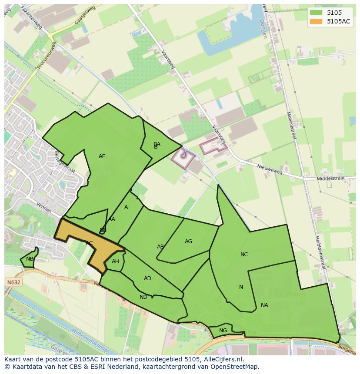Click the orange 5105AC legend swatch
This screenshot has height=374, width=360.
[x=316, y=21]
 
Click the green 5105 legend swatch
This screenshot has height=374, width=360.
[x=316, y=13]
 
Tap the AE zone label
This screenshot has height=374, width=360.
[x=102, y=156]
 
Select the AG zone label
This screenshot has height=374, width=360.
[x=188, y=242]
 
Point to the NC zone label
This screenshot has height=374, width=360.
[x=244, y=255]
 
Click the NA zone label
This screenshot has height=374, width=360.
[x=264, y=305]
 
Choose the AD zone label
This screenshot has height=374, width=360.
[x=147, y=278]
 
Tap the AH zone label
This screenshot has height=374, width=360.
[x=115, y=261]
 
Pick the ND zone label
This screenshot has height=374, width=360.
[x=143, y=297]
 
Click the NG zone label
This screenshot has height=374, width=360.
[x=223, y=331]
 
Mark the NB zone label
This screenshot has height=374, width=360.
[x=30, y=259]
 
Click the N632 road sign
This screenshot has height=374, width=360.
[x=13, y=282]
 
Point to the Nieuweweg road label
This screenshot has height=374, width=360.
[x=270, y=169]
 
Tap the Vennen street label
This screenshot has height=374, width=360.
[x=44, y=208]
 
